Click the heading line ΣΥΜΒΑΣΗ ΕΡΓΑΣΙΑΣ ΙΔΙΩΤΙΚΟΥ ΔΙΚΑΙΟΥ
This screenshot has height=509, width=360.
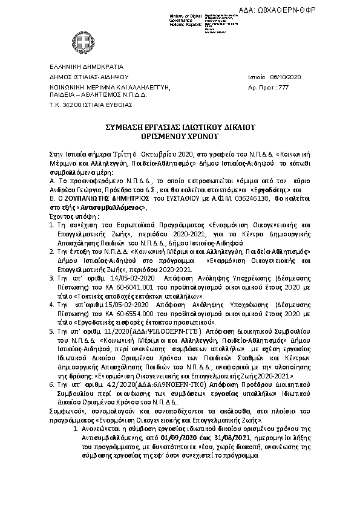tap(180, 128)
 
